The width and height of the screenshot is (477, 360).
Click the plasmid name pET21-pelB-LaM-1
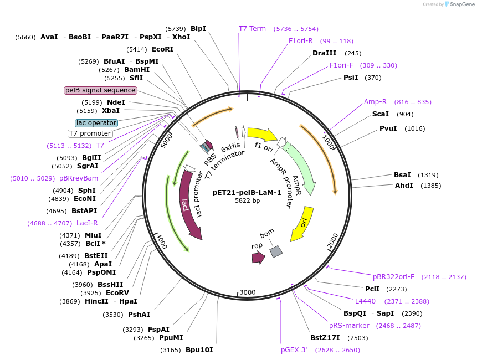(x=247, y=193)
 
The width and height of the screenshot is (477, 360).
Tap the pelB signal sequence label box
(x=100, y=90)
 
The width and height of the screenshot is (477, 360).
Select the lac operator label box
(x=96, y=123)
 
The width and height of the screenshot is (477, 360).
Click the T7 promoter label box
(x=90, y=133)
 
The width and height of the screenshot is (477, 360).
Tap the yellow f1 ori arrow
(x=261, y=134)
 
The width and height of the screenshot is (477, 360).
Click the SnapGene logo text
(x=463, y=4)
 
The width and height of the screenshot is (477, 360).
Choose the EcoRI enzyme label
(x=162, y=49)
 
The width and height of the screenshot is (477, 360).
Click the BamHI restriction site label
(x=137, y=70)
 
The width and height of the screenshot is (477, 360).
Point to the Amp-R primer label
(x=375, y=102)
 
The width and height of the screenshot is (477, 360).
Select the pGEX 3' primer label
(x=294, y=350)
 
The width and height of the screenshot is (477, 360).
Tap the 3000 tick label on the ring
(x=247, y=292)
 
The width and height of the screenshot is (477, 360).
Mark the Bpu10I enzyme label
(x=199, y=350)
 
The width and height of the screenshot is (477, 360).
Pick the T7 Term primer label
(x=252, y=29)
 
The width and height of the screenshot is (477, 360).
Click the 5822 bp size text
(x=247, y=200)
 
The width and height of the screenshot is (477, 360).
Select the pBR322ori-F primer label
(x=393, y=277)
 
